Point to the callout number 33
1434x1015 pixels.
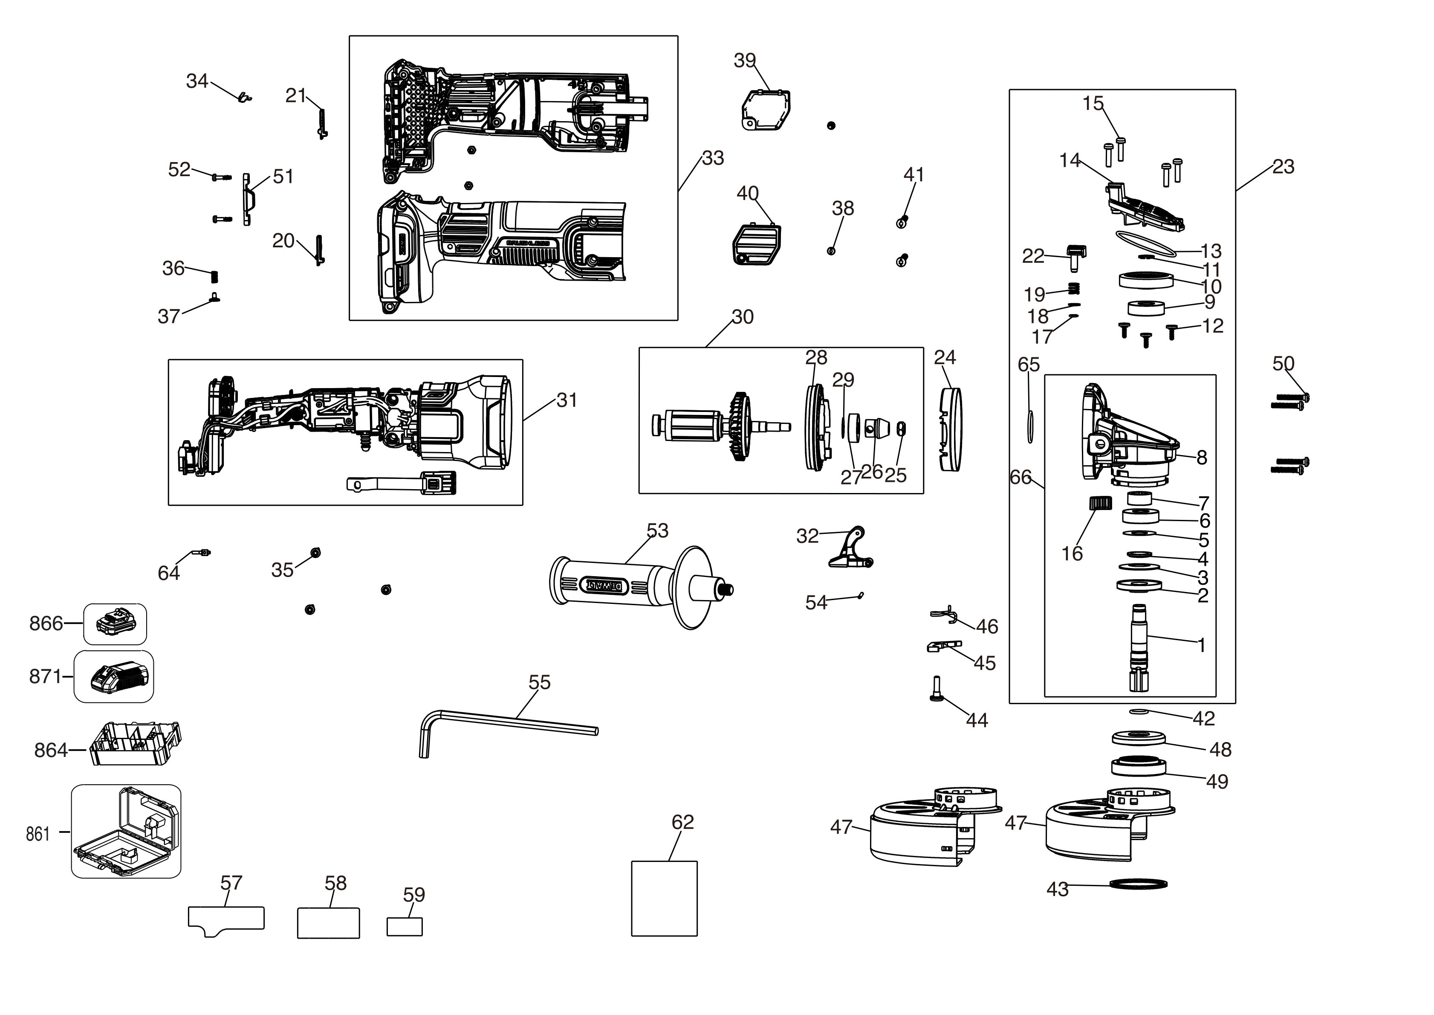point(713,158)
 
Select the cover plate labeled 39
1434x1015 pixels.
point(766,109)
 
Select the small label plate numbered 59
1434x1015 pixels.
point(404,926)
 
